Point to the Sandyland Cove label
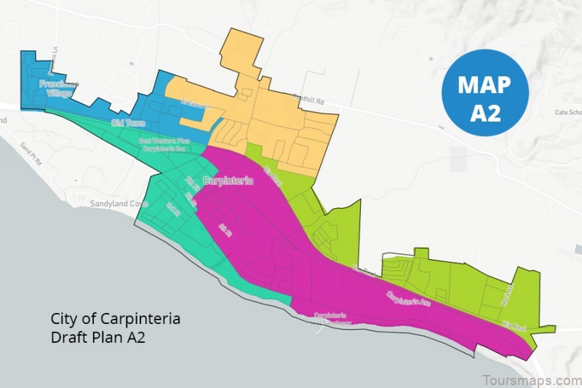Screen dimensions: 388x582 click(x=119, y=205)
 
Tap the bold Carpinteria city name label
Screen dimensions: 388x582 click(x=228, y=181)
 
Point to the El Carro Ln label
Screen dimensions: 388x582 click(x=194, y=106)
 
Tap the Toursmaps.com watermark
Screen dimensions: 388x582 click(x=531, y=380)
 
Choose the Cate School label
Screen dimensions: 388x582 click(x=567, y=113)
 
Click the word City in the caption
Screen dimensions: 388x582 click(x=64, y=319)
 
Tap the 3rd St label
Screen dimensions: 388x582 click(x=172, y=210)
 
